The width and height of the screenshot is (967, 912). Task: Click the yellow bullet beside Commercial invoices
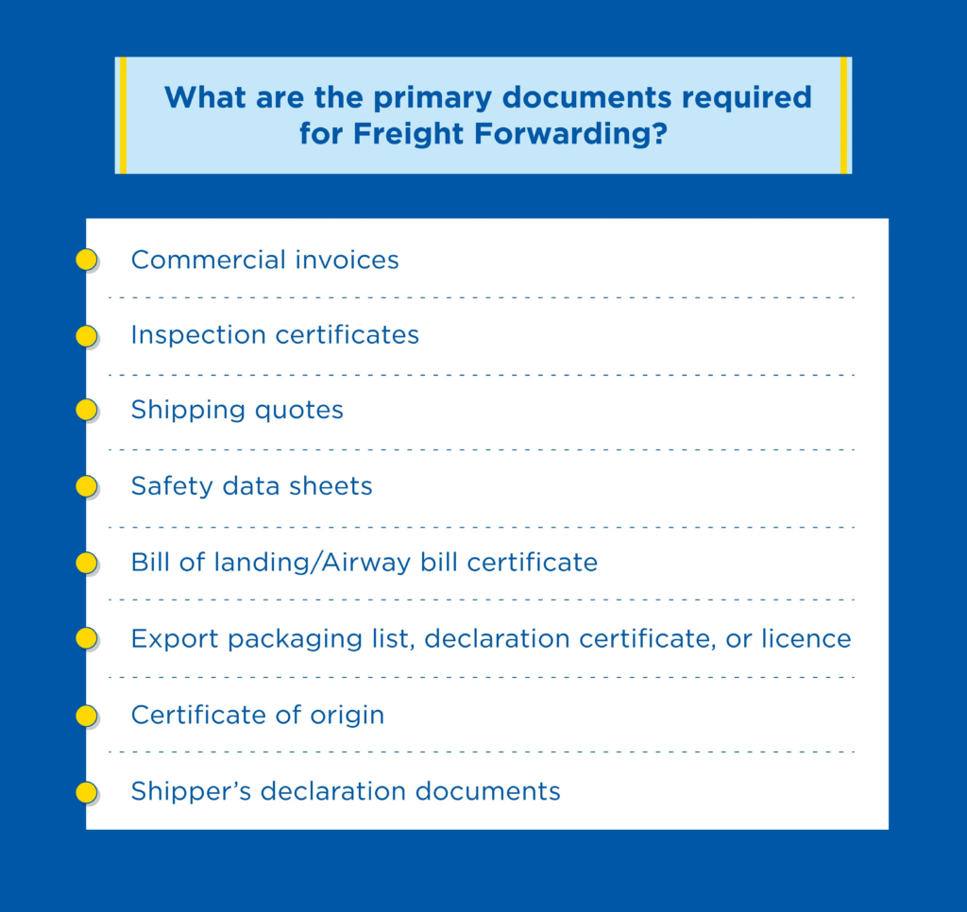(86, 260)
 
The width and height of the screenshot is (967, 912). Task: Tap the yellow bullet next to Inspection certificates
(86, 336)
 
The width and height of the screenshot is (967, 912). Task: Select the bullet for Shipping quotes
(86, 410)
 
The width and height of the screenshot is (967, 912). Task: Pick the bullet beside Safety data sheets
(86, 486)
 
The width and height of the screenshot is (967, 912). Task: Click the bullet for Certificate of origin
(86, 716)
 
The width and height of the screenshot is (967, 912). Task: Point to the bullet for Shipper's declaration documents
(86, 792)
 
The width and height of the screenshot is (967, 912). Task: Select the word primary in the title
(433, 99)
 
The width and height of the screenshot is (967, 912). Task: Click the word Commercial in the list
(209, 260)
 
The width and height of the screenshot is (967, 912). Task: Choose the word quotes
(298, 410)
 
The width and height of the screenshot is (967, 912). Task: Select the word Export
(175, 639)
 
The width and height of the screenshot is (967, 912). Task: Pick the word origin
(347, 716)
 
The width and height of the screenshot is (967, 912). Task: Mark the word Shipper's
(191, 791)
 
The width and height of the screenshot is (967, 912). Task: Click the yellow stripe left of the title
(123, 115)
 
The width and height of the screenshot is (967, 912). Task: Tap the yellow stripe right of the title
(843, 115)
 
